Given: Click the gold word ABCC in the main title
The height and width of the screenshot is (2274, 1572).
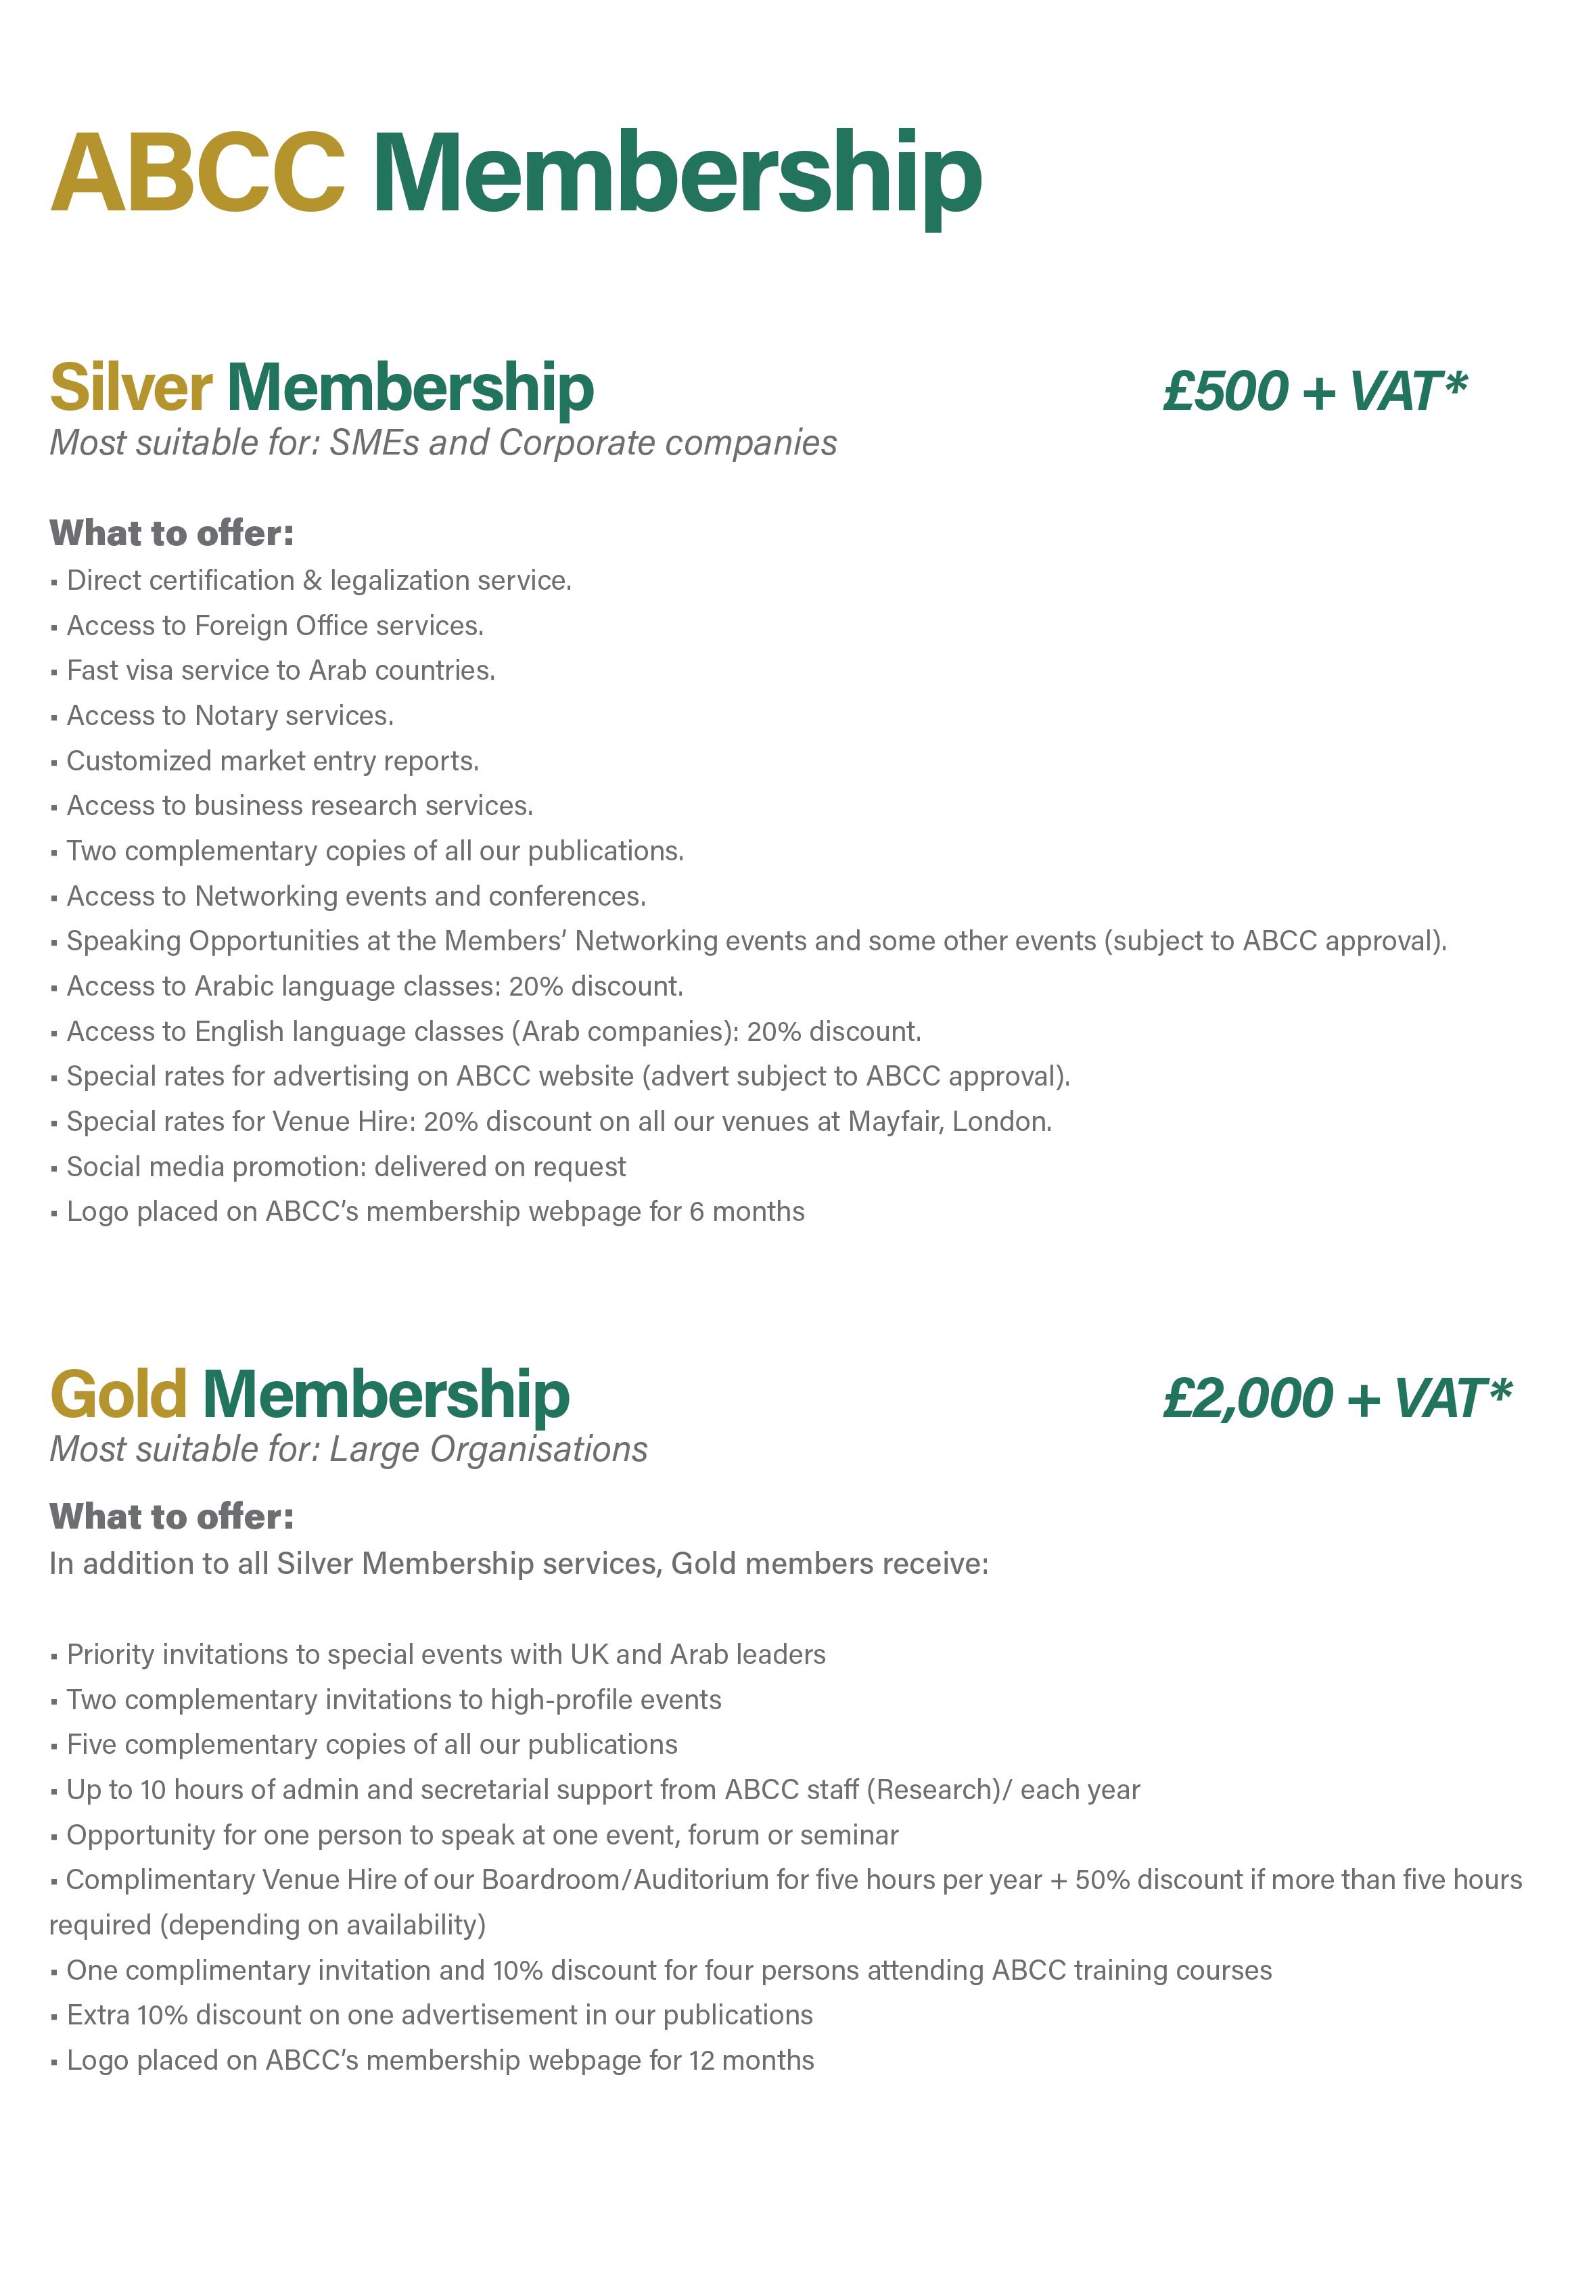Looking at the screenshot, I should tap(197, 175).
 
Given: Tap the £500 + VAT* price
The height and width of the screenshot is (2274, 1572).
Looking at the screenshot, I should tap(1315, 391).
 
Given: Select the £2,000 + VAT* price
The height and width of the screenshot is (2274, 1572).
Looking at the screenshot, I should tap(1337, 1397).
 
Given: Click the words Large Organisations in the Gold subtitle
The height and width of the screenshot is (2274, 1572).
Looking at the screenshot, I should tap(488, 1449).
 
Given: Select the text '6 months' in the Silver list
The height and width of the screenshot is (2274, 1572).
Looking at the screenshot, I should tap(747, 1211).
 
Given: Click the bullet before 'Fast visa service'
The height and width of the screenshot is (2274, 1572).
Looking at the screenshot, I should tap(54, 672).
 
